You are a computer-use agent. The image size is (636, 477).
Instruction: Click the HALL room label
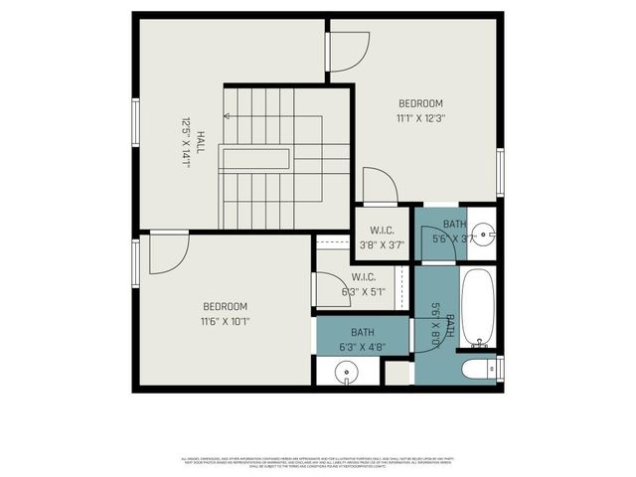tap(200, 143)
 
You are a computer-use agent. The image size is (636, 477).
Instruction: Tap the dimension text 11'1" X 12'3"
tap(420, 118)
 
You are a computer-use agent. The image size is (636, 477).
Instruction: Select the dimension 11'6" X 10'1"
tap(225, 321)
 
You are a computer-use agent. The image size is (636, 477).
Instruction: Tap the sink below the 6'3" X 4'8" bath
tap(347, 373)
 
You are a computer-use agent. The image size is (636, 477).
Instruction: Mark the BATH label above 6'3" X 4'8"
tap(363, 332)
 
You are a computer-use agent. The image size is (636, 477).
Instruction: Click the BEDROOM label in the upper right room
tap(420, 103)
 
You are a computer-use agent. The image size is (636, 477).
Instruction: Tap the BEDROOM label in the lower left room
tap(225, 306)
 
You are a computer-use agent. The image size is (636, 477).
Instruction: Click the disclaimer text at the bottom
tap(318, 461)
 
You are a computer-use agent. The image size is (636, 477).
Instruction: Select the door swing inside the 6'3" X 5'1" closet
tap(327, 289)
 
